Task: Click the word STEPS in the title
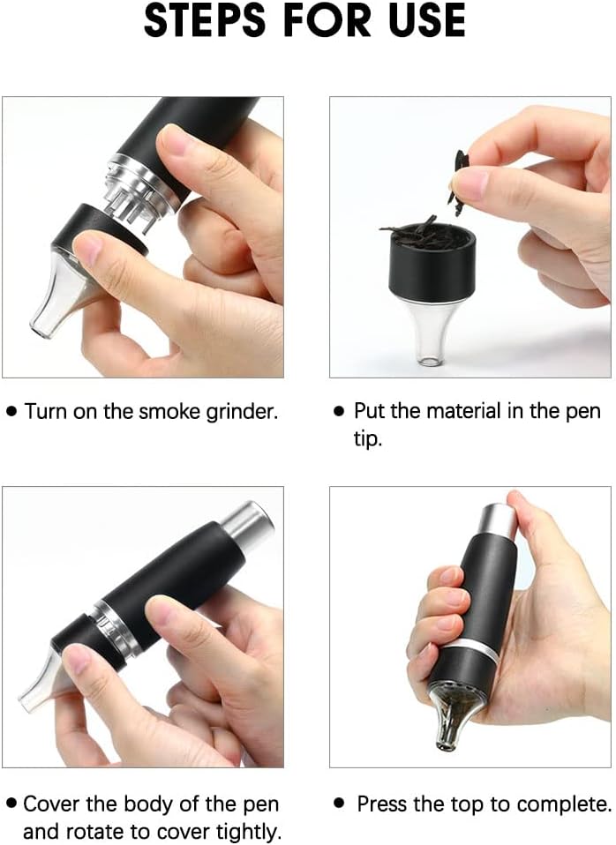pos(205,21)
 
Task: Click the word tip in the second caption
pos(367,438)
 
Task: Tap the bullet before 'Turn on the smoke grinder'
pos(11,412)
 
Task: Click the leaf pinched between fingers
pos(457,183)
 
